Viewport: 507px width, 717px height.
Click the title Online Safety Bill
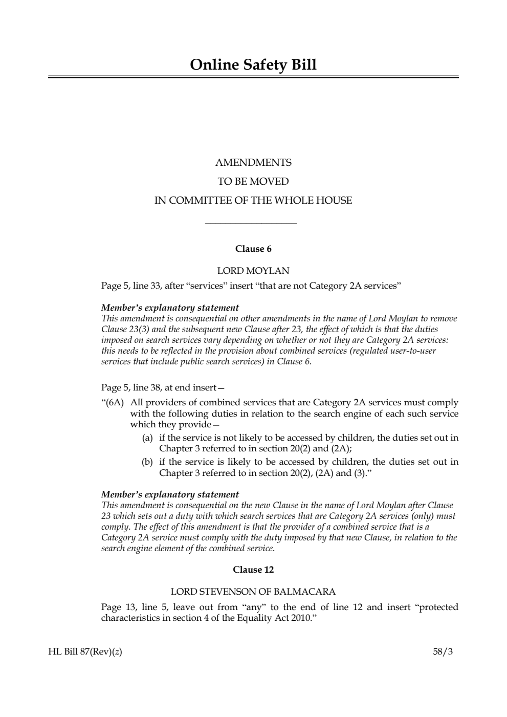point(253,65)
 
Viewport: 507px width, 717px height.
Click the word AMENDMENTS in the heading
point(253,163)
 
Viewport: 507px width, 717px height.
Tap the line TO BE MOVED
point(253,182)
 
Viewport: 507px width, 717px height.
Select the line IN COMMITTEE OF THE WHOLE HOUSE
point(253,201)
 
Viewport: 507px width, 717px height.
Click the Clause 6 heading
point(253,249)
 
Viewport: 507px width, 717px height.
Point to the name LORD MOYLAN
point(253,271)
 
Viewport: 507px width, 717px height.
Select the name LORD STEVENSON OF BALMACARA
point(253,592)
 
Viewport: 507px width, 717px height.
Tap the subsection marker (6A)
point(113,403)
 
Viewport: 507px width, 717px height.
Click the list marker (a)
point(147,438)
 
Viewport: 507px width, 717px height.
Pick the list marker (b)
point(147,462)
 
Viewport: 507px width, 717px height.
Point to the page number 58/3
point(443,652)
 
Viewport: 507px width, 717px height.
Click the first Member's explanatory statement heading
point(170,308)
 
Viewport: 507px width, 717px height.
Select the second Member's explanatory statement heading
point(170,495)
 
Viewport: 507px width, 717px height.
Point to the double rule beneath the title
point(253,77)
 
